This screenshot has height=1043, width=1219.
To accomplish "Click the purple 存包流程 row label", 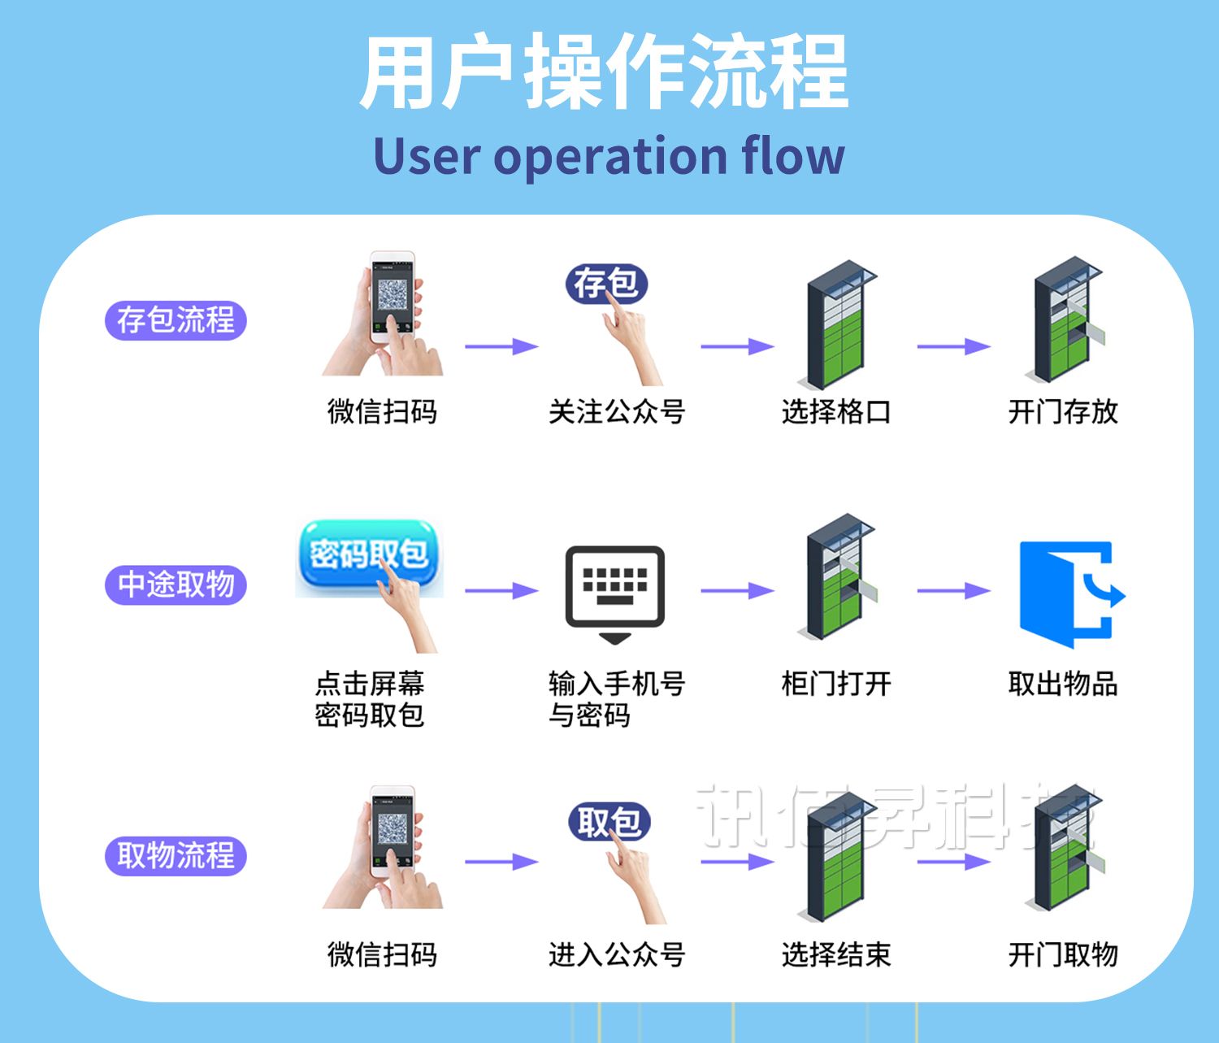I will pos(176,319).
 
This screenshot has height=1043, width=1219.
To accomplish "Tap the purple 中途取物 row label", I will pos(176,585).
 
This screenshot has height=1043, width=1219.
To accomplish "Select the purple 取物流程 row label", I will pos(176,856).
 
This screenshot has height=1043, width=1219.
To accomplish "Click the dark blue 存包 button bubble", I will pos(605,284).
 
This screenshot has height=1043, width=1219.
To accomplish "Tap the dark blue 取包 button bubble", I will pos(609,822).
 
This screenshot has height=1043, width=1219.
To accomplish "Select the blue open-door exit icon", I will pos(1069,593).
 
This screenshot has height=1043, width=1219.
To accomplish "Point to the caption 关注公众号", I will pos(617,412).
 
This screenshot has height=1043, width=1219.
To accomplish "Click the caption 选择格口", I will pos(836,412).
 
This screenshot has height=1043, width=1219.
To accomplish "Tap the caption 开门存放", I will pos(1063,412).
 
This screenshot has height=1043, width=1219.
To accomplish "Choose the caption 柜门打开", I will pos(836,684).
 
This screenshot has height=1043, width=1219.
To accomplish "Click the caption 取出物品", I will pos(1063,684).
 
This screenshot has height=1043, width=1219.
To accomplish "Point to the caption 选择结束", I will pos(836,954).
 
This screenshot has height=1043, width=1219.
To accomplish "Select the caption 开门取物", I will pos(1063,954).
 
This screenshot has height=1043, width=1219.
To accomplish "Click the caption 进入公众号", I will pos(617,954).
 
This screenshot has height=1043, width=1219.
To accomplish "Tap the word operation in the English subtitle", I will pos(609,156).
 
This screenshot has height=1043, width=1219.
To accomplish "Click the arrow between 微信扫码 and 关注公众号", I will pos(501,347).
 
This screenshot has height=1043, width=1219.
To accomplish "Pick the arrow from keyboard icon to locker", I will pos(736,591).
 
